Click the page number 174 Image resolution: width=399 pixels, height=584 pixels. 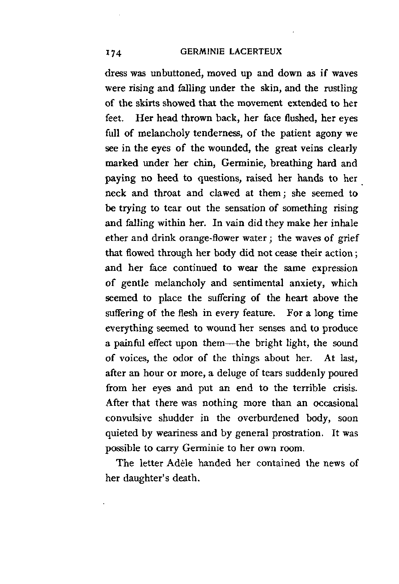[x=115, y=53]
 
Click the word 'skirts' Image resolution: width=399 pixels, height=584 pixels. [x=150, y=103]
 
